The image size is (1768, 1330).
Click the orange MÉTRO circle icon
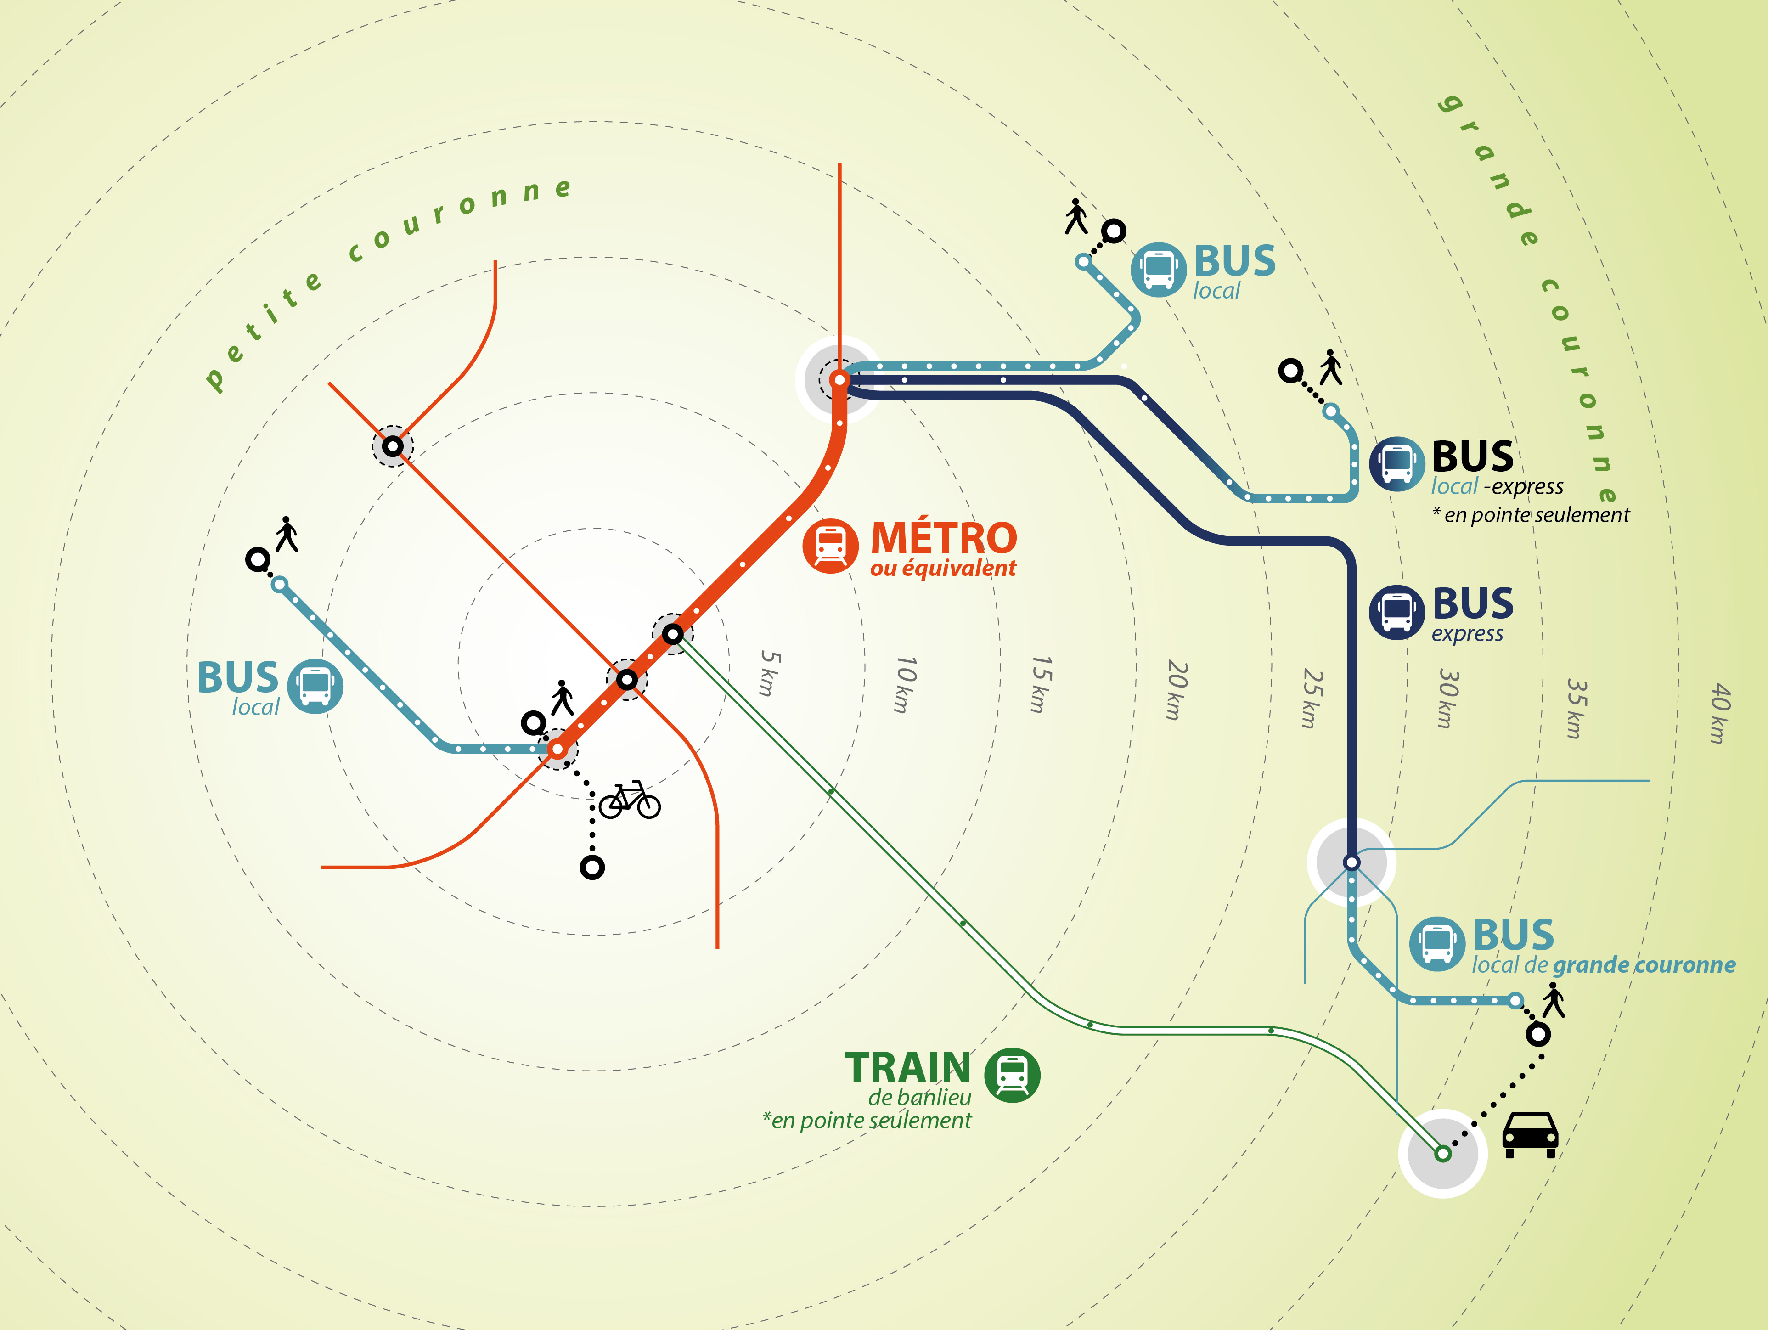point(830,546)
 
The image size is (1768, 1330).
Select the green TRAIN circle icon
point(1012,1075)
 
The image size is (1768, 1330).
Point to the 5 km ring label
point(769,673)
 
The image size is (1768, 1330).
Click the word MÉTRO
point(943,538)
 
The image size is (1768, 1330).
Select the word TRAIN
point(907,1068)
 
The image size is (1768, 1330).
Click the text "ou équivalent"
point(943,568)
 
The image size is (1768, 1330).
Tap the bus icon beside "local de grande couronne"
point(1436,944)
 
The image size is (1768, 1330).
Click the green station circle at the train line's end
point(1443,1153)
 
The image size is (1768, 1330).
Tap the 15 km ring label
point(1040,684)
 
